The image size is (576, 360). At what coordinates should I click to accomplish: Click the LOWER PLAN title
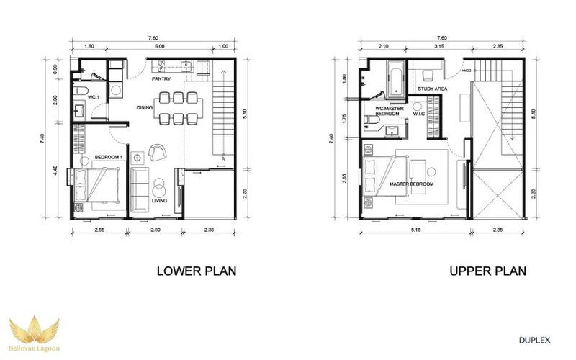coord(197,271)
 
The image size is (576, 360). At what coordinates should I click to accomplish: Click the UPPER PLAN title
coord(487,271)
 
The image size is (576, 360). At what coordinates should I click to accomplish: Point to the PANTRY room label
coord(161,80)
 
